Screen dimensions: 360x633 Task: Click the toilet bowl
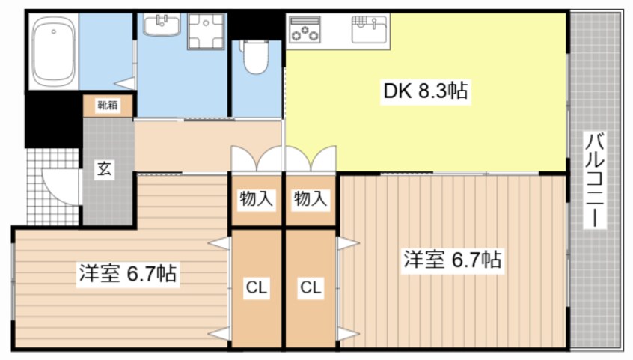point(255,57)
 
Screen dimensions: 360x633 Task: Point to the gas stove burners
point(305,31)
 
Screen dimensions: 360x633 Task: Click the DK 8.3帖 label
point(426,91)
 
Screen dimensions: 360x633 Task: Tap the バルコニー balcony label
point(596,180)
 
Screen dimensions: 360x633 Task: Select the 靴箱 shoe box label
point(108,106)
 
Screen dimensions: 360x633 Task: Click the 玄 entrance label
point(104,169)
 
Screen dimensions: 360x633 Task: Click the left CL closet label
point(257,287)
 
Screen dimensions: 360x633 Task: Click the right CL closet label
point(311,287)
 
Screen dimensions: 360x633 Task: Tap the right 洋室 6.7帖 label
point(453,260)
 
